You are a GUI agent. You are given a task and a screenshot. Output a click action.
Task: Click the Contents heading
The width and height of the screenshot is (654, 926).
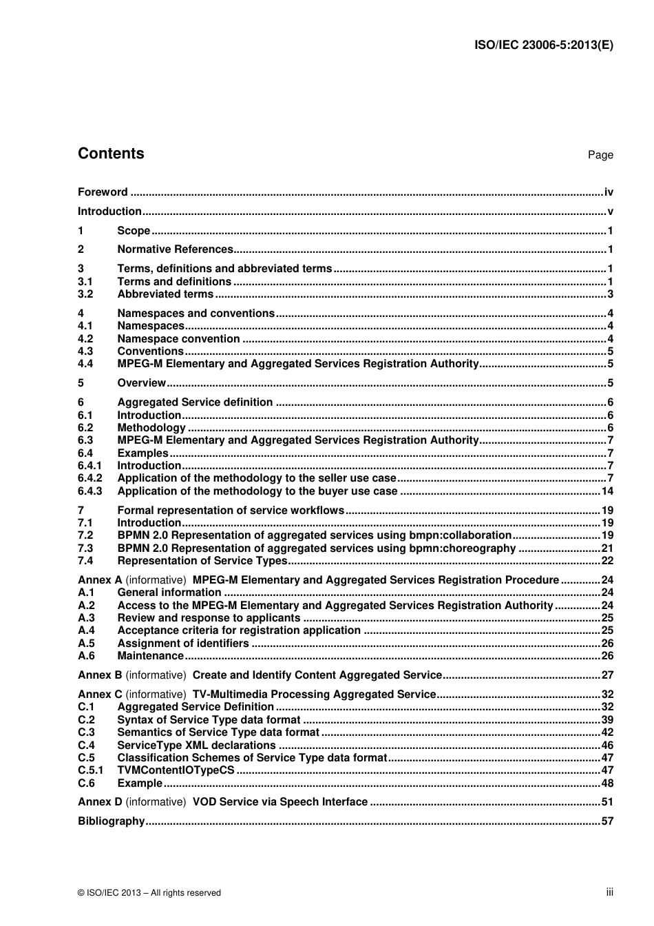[x=111, y=154]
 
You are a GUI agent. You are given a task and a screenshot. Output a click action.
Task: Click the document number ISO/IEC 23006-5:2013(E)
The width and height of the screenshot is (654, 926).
[x=543, y=45]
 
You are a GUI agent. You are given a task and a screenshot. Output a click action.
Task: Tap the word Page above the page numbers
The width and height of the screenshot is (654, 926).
[x=600, y=155]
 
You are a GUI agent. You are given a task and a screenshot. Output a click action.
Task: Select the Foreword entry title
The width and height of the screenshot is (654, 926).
[x=103, y=192]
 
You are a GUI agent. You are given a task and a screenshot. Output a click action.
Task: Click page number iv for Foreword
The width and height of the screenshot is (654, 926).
[x=609, y=192]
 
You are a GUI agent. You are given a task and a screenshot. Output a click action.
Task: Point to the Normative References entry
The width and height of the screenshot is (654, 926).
[x=175, y=249]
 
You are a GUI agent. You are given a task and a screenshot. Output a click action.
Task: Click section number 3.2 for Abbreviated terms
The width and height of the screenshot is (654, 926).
[x=85, y=294]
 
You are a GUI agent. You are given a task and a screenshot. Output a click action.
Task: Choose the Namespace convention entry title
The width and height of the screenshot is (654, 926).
[x=178, y=339]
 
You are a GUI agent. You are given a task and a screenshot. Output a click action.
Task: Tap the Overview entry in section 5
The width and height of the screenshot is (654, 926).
[x=141, y=383]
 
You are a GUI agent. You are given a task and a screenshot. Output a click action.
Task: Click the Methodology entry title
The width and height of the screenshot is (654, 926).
[x=151, y=428]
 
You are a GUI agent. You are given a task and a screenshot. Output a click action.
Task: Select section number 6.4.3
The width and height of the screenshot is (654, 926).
[x=89, y=491]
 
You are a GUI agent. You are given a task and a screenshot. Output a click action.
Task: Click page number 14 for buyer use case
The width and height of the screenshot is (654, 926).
[x=607, y=491]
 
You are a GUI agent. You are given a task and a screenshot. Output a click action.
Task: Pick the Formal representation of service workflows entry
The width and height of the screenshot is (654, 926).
[x=231, y=511]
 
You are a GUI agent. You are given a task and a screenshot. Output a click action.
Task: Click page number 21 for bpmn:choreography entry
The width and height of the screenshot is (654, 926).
[x=607, y=548]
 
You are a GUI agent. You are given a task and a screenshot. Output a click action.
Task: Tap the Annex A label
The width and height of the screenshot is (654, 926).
[x=100, y=580]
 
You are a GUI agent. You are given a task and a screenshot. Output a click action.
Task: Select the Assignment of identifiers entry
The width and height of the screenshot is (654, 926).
[x=183, y=644]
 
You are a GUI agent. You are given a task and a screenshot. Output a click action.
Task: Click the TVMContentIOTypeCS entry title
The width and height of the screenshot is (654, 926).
[x=176, y=770]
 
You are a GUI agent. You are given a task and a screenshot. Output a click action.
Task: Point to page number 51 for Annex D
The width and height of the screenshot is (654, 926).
[x=607, y=802]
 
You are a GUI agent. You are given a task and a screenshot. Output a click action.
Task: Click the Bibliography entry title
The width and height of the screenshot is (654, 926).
[x=111, y=821]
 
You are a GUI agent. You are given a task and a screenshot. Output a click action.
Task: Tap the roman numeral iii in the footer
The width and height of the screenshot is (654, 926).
[x=609, y=892]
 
